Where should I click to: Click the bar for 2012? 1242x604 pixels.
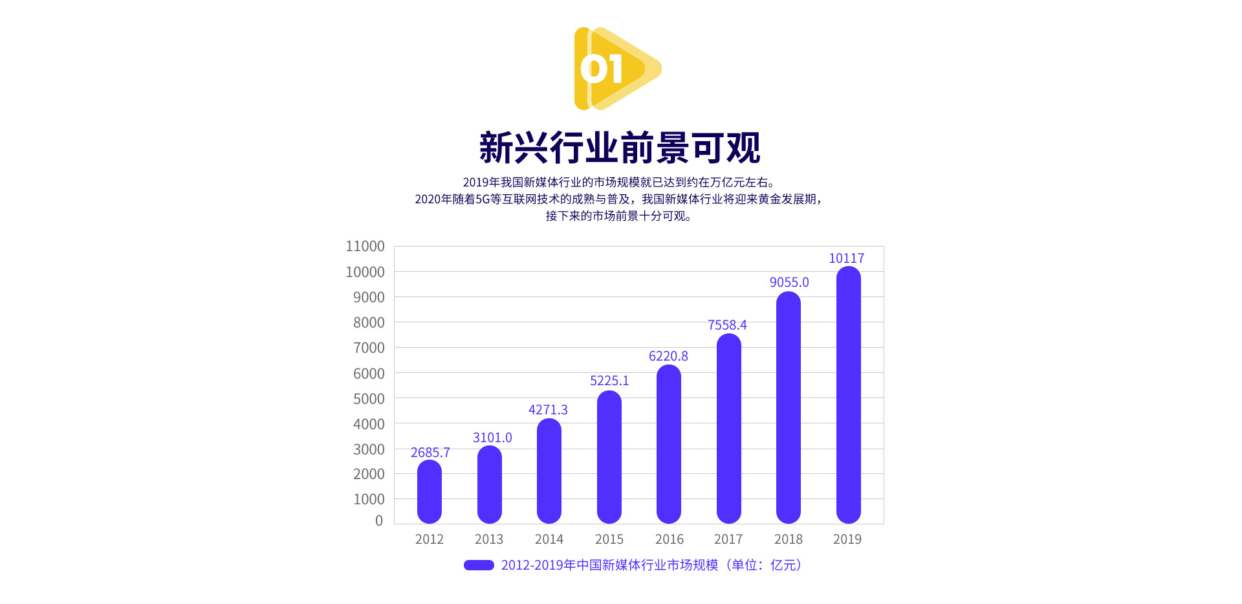[430, 491]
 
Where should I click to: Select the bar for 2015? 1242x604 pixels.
[609, 457]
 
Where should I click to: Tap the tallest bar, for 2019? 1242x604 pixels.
[848, 395]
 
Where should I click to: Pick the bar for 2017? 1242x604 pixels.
[729, 429]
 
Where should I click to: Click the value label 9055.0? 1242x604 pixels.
[789, 282]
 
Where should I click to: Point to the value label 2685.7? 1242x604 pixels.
[430, 453]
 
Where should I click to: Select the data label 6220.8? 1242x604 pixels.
[668, 356]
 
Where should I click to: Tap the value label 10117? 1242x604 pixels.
[846, 258]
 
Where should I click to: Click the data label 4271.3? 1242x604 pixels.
[548, 410]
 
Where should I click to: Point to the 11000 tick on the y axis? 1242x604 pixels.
[365, 247]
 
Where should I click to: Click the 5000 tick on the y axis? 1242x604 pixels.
[369, 399]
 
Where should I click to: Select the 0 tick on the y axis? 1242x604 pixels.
[379, 520]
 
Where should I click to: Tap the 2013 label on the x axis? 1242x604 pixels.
[489, 539]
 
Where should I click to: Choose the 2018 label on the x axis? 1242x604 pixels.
[789, 539]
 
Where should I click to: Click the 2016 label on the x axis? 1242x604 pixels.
[669, 539]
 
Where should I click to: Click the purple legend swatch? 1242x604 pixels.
[479, 565]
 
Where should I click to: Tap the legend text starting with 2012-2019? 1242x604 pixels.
[651, 565]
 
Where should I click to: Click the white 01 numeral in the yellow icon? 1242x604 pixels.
[602, 69]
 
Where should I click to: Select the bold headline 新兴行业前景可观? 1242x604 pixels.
[620, 148]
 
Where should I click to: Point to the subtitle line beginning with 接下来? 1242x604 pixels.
[620, 216]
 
